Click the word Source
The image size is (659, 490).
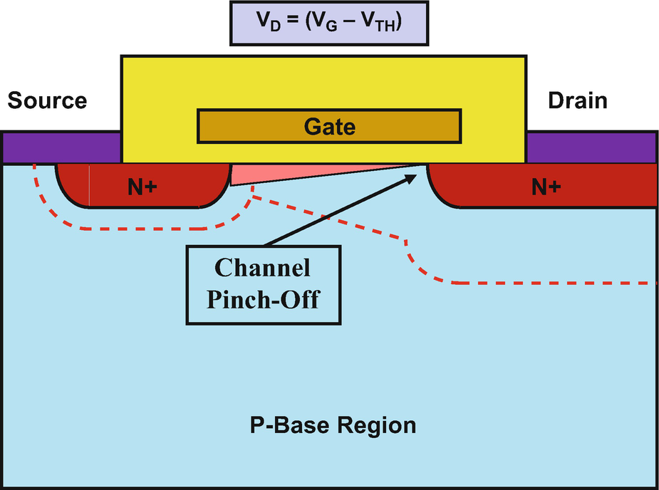tap(47, 100)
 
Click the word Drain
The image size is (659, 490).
tap(577, 100)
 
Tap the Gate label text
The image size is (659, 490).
tap(329, 127)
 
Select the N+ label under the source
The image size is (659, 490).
tap(142, 187)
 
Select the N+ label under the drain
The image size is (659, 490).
tap(546, 187)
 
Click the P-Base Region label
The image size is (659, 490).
tap(333, 426)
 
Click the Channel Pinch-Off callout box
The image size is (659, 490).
tap(262, 283)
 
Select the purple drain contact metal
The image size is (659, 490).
tap(591, 148)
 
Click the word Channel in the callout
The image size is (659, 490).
tap(262, 269)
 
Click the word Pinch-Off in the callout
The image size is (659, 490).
tap(262, 299)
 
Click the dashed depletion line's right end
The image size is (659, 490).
tap(651, 283)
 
